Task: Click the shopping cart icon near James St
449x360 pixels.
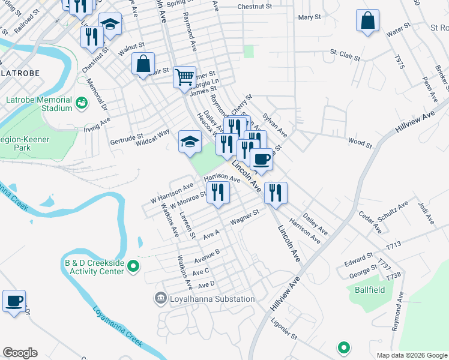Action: click(185, 77)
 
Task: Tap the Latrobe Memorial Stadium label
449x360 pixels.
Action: click(39, 104)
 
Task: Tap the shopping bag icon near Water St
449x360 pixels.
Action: click(367, 20)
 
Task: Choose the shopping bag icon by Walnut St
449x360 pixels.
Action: click(143, 63)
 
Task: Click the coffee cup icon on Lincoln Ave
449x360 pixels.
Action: click(261, 159)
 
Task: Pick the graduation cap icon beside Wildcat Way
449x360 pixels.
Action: click(190, 142)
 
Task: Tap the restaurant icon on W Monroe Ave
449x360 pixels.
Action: click(218, 192)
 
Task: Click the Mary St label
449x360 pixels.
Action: click(310, 17)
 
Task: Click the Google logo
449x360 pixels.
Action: click(20, 353)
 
